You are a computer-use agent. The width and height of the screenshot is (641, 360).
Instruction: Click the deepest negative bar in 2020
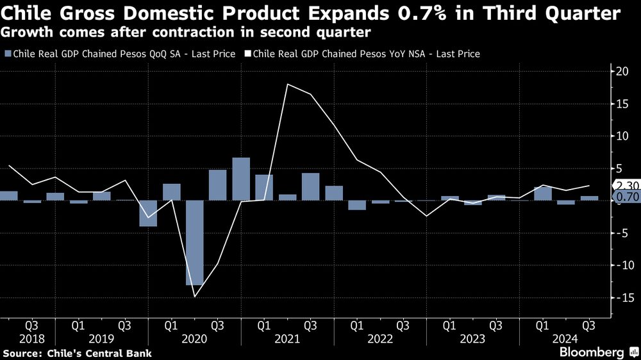pos(194,242)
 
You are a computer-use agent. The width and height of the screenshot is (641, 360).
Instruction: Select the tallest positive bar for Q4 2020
pos(241,179)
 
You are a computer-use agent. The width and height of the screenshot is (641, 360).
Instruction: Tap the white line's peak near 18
pos(288,85)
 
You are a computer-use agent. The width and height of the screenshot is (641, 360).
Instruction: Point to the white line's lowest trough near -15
pos(194,296)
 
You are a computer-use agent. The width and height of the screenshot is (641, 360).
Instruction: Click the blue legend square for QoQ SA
pos(7,54)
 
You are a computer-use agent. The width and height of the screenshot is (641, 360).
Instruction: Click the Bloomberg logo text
pos(592,352)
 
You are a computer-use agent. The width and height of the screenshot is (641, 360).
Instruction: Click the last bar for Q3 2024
pos(589,198)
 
